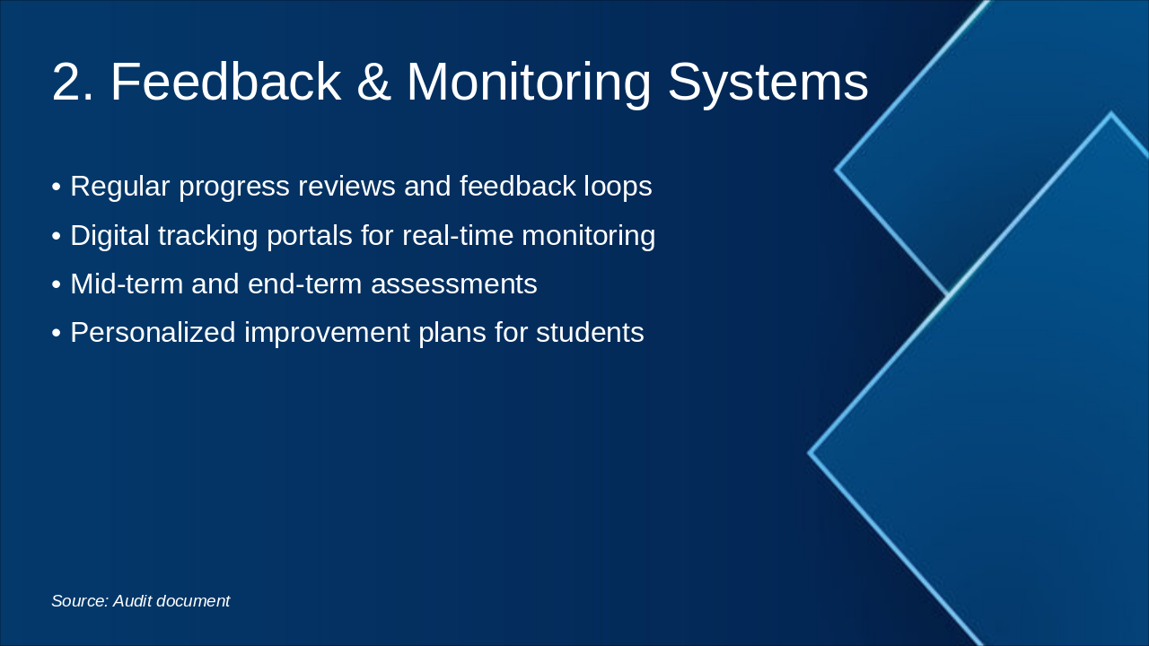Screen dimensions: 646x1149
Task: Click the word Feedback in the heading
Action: (225, 83)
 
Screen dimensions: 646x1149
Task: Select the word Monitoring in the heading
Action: (529, 83)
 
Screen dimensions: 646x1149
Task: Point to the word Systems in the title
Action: (767, 83)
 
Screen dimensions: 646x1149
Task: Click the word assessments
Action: (453, 284)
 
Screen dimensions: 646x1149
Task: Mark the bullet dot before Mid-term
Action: (56, 285)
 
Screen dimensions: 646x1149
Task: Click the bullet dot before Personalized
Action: (56, 334)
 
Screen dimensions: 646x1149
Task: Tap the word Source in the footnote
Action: (79, 601)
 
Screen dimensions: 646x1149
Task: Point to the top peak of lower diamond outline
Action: (1110, 115)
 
